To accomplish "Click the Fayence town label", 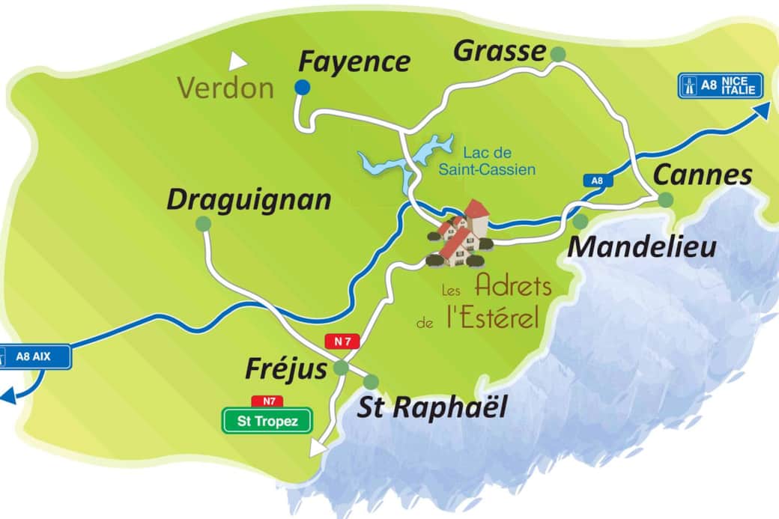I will point(354,61).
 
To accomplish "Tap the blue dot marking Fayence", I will point(302,88).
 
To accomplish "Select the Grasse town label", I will point(500,51).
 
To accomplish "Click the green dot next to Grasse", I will point(558,53).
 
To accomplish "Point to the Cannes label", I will point(703,174).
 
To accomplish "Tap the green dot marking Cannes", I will point(665,199).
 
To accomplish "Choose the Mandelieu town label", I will point(642,246).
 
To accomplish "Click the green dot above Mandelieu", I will point(581,221).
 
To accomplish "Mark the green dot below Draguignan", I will point(203,223).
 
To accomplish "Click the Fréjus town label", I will point(286,368).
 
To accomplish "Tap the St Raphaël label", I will point(431,408).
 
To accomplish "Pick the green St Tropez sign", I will point(267,421).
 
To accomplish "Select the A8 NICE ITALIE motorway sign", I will point(720,85).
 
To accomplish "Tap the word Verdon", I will point(225,88).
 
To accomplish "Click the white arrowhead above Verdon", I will point(239,59).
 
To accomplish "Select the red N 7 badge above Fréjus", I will point(342,342).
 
